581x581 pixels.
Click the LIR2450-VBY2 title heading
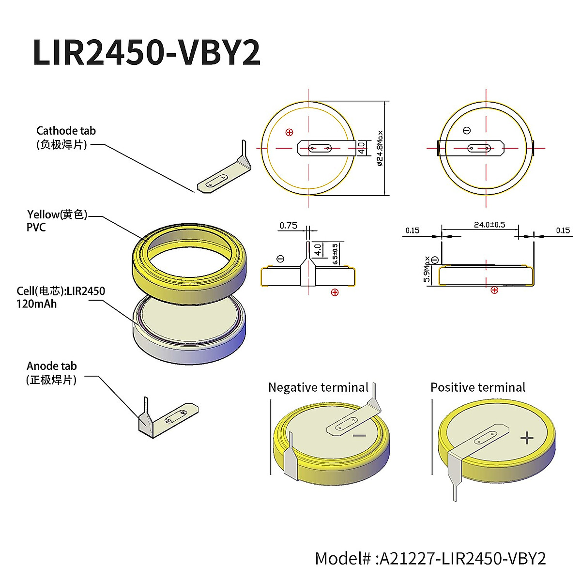(146, 52)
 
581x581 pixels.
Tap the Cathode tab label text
(66, 131)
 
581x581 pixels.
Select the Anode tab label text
(52, 366)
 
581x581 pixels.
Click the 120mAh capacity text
(36, 304)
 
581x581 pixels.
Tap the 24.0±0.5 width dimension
(489, 225)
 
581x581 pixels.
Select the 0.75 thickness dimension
(288, 226)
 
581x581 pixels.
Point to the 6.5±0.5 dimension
(336, 253)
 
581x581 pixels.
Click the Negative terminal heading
(319, 387)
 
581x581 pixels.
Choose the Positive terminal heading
(477, 387)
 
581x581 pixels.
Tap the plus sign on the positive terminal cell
(527, 438)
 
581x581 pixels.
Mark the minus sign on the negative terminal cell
(359, 436)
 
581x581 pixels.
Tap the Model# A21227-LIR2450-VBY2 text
(430, 558)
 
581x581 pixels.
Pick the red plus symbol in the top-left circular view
(290, 132)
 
